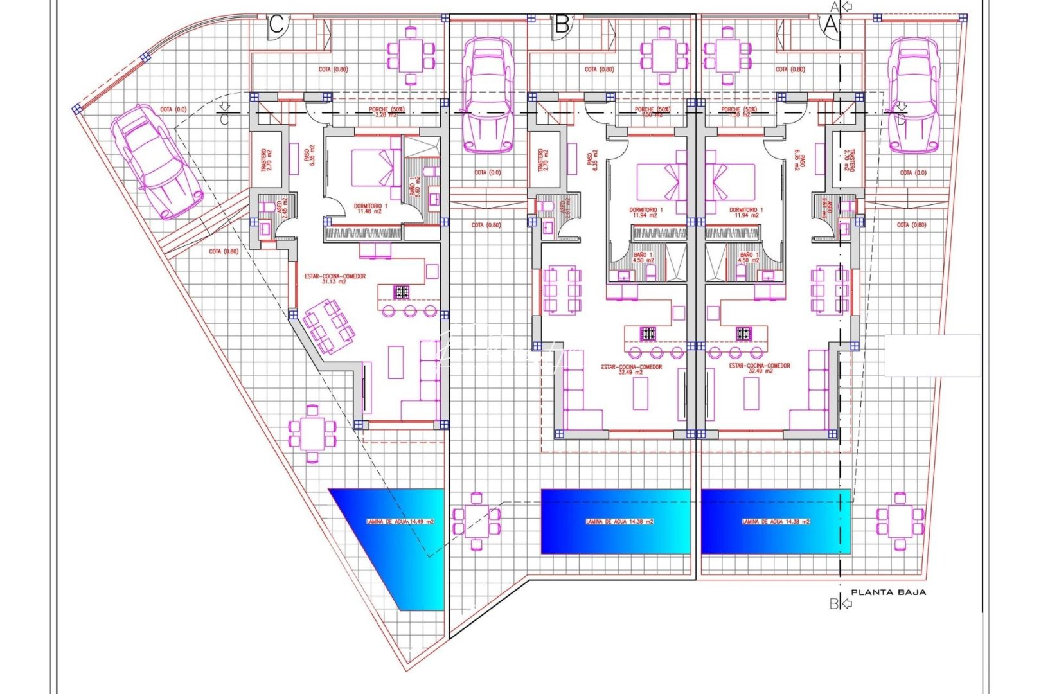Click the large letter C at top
(x=276, y=25)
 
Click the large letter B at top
(x=562, y=25)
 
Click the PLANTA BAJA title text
(x=888, y=592)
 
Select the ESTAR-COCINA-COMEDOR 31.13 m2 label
(x=335, y=278)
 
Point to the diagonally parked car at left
(x=157, y=161)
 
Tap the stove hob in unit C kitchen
(x=402, y=292)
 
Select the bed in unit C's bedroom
(x=375, y=168)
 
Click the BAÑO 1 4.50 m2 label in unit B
(x=643, y=257)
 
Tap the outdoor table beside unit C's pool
(x=312, y=434)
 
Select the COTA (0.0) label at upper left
(x=173, y=110)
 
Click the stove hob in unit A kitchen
(x=743, y=334)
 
